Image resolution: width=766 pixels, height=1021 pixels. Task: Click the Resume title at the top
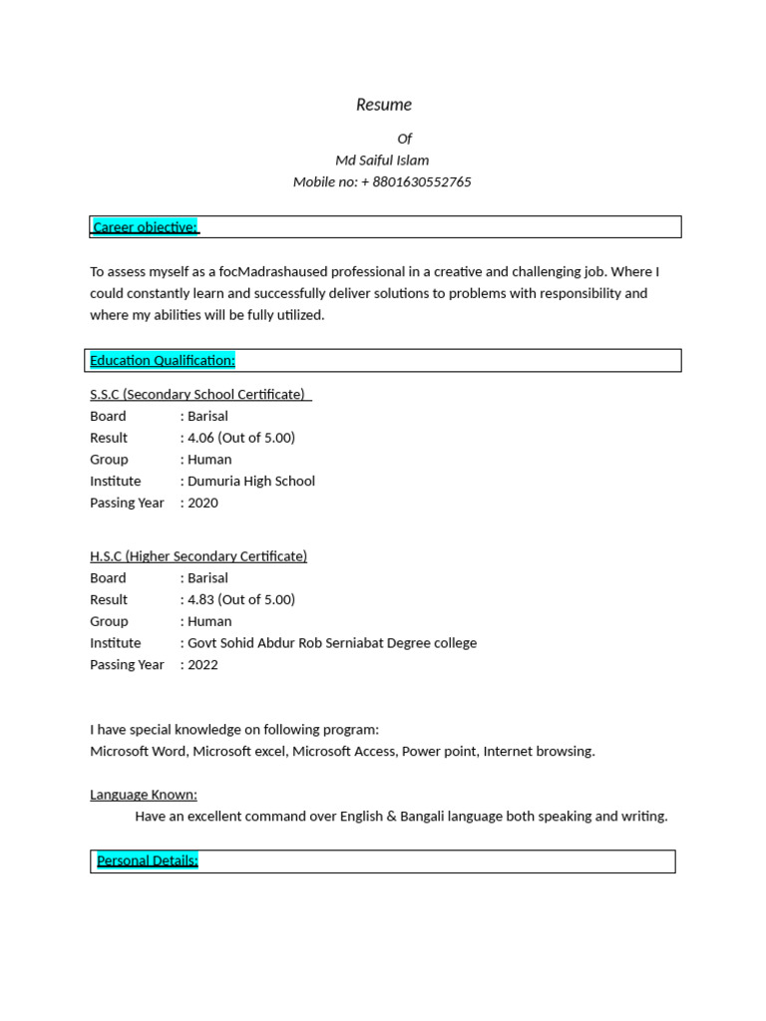tap(384, 105)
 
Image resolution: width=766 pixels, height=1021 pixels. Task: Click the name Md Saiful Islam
tap(382, 161)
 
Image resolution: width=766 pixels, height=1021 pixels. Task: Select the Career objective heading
tap(145, 227)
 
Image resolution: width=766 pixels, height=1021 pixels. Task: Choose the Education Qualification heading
tap(163, 360)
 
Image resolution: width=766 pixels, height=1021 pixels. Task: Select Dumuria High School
tap(251, 482)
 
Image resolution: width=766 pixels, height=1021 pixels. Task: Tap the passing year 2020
tap(202, 504)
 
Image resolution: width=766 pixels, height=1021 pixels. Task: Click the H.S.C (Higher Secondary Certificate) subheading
tap(198, 556)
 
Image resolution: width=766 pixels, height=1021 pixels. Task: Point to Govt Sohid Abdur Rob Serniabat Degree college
tap(332, 643)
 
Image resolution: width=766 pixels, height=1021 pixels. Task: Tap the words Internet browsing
tap(539, 752)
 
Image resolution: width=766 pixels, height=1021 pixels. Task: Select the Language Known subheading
tap(144, 795)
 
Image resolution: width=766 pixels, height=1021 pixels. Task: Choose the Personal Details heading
tap(148, 860)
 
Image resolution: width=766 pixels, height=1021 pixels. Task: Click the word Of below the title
tap(404, 139)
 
